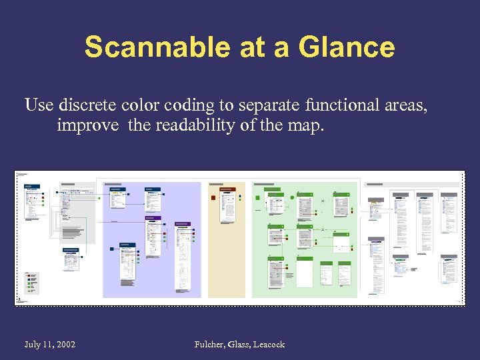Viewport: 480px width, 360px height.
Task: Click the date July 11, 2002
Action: coord(50,344)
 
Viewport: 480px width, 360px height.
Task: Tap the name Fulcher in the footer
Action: coord(210,344)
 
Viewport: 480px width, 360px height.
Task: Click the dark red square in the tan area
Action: coord(213,197)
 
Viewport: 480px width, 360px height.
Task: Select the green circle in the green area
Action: coord(292,197)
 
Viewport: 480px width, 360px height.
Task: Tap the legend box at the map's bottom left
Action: coord(31,283)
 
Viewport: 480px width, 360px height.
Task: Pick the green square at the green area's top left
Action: coord(257,197)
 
